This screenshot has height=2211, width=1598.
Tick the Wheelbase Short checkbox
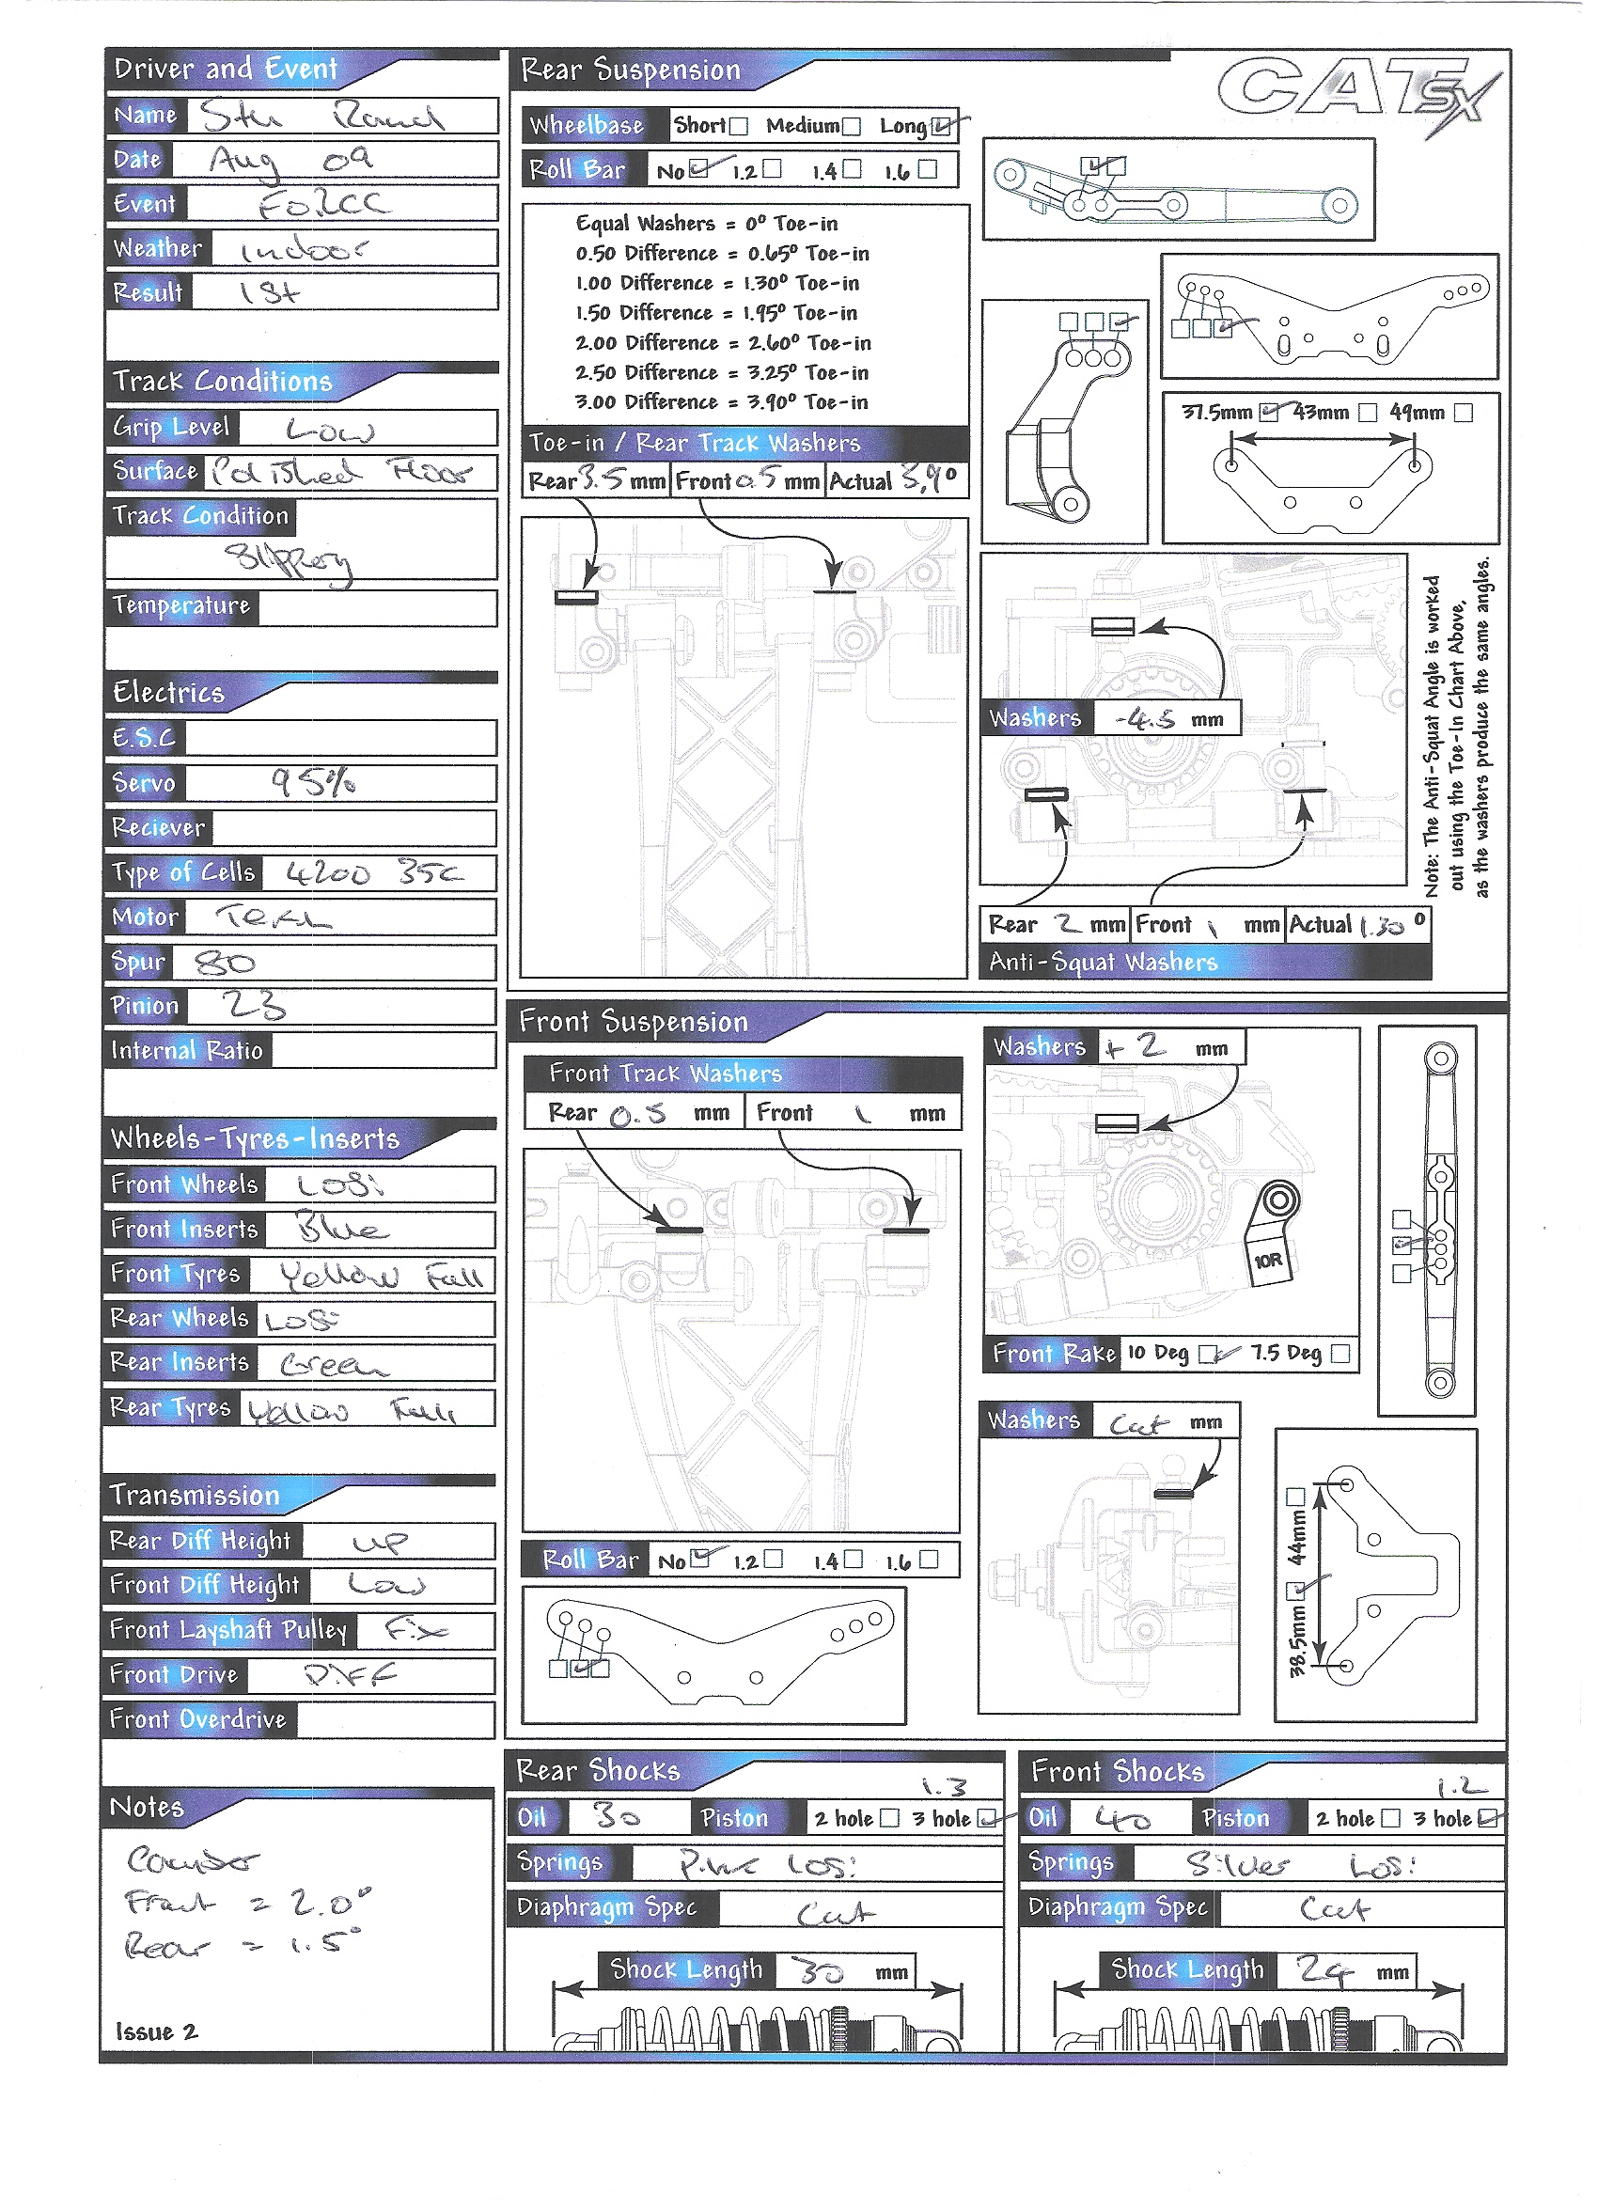(739, 126)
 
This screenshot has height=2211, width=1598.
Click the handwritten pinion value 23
(254, 1005)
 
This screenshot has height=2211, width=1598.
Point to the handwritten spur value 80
(226, 964)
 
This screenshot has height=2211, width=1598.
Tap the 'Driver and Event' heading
(226, 70)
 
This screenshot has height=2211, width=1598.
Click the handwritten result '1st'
(270, 292)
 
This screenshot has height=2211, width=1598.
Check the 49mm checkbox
(1463, 413)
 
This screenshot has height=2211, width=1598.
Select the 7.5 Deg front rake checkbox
(1340, 1354)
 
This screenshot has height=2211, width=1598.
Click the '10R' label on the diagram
(1267, 1261)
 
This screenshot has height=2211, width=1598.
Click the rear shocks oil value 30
(618, 1816)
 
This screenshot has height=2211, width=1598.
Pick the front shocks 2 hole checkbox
(1391, 1818)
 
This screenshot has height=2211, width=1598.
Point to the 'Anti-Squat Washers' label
(1103, 963)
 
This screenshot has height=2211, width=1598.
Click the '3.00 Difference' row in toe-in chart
(722, 401)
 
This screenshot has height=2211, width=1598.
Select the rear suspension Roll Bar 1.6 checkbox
(927, 169)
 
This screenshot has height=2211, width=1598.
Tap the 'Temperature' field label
(181, 605)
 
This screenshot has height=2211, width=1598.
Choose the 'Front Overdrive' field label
(198, 1718)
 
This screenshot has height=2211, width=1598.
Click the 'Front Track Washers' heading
(665, 1074)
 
